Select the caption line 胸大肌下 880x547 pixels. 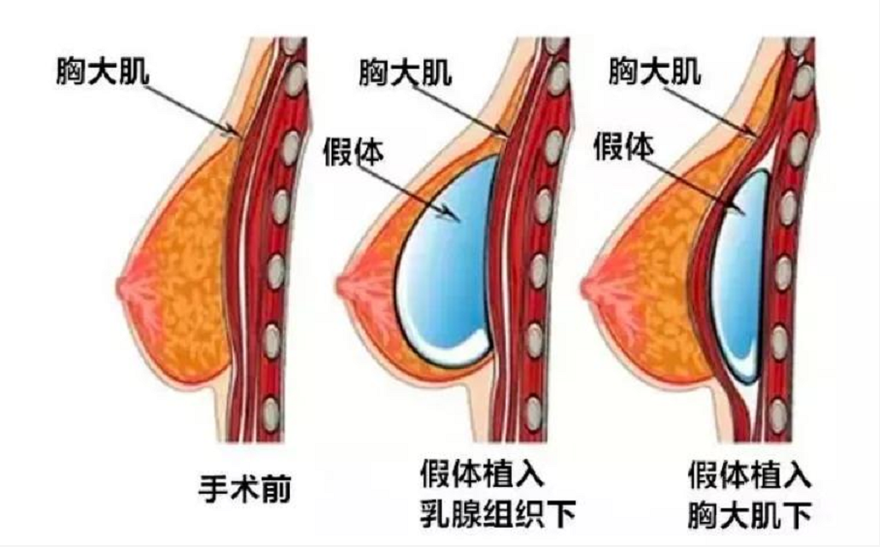(x=750, y=514)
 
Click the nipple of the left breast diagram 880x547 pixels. (x=123, y=288)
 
